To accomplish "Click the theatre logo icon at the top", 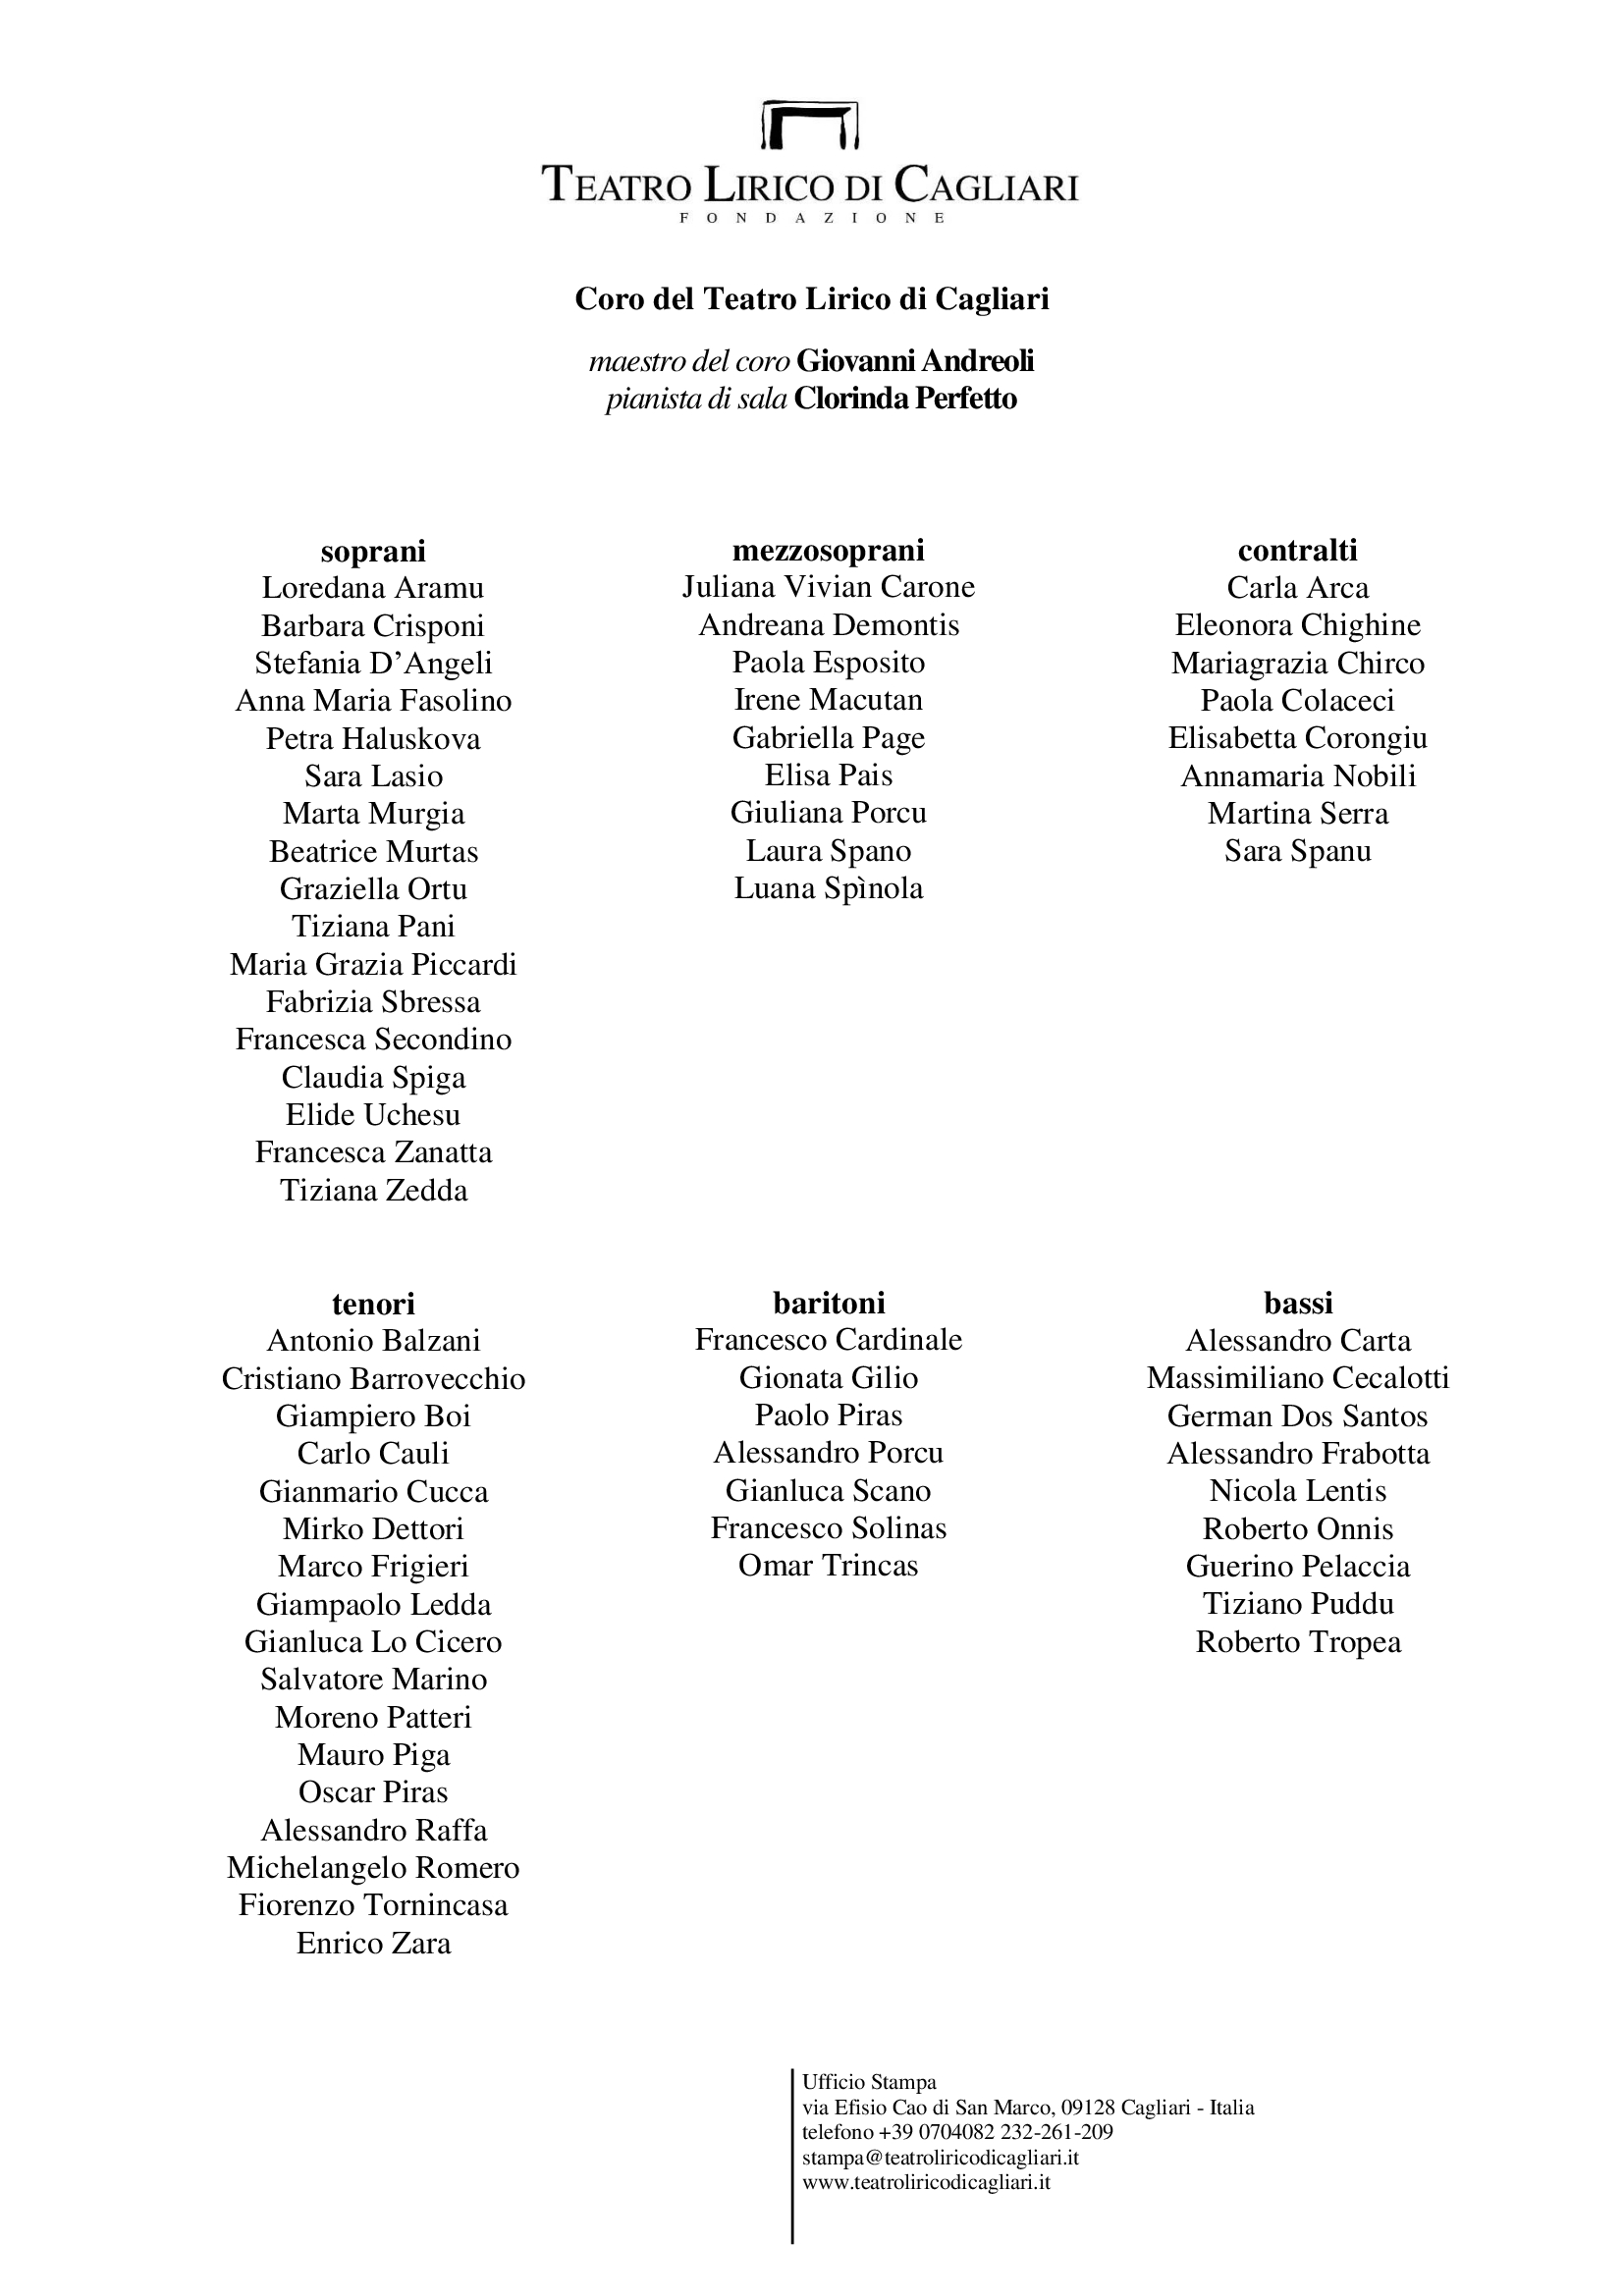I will pyautogui.click(x=810, y=125).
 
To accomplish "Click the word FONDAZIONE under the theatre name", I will pyautogui.click(x=811, y=218).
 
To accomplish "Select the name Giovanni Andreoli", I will pyautogui.click(x=915, y=361).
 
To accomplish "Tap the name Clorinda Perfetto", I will pyautogui.click(x=905, y=399).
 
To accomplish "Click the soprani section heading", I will pyautogui.click(x=373, y=551).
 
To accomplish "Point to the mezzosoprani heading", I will pyautogui.click(x=828, y=550).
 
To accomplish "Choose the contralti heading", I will pyautogui.click(x=1297, y=550).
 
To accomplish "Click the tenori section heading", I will pyautogui.click(x=373, y=1304).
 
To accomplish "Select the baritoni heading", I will pyautogui.click(x=828, y=1303).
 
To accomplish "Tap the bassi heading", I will pyautogui.click(x=1298, y=1303).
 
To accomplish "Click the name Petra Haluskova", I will pyautogui.click(x=373, y=739).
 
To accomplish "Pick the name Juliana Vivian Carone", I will pyautogui.click(x=828, y=587).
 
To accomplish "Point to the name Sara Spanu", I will pyautogui.click(x=1297, y=851).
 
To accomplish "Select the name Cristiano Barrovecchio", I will pyautogui.click(x=373, y=1379).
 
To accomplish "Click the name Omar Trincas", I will pyautogui.click(x=828, y=1566).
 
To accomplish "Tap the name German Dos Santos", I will pyautogui.click(x=1297, y=1416).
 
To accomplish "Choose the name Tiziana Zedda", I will pyautogui.click(x=373, y=1191).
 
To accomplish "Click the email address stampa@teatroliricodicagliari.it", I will pyautogui.click(x=940, y=2158).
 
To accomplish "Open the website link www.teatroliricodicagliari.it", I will pyautogui.click(x=926, y=2183).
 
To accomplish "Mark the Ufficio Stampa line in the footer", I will pyautogui.click(x=869, y=2083).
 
